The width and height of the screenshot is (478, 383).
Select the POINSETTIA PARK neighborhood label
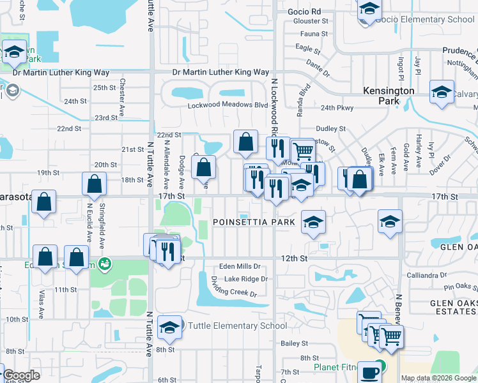(x=254, y=222)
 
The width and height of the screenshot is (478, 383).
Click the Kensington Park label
(x=389, y=96)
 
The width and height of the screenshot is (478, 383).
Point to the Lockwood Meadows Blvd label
(x=227, y=105)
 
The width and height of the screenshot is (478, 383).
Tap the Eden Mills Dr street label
(x=240, y=266)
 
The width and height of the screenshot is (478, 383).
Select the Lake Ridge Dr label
(x=246, y=279)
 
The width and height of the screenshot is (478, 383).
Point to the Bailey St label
(x=295, y=343)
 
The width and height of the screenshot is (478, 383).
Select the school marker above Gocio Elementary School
(x=369, y=9)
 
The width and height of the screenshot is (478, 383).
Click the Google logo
(x=21, y=376)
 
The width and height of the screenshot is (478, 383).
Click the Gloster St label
(x=311, y=20)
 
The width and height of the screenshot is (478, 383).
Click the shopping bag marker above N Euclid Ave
(x=95, y=184)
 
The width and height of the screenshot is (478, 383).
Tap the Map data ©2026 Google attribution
(x=438, y=378)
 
